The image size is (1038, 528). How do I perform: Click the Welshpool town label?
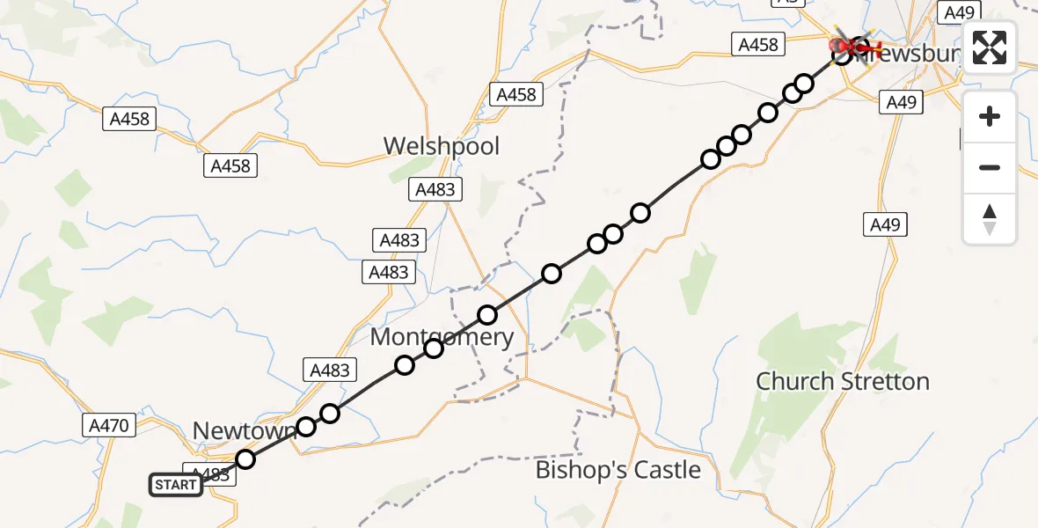441,145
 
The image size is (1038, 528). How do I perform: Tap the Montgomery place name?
442,337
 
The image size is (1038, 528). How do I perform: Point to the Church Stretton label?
843,381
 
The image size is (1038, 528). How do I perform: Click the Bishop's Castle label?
618,470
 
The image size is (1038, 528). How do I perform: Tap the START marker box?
176,484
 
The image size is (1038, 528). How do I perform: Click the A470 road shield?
110,426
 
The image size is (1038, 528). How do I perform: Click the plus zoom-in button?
990,116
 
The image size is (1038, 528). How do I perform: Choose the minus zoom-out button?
990,167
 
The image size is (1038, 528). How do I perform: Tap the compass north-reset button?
990,218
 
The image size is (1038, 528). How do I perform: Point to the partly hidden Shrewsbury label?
915,55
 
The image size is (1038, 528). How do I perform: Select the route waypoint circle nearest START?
245,459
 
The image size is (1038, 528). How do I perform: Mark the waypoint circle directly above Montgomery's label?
487,315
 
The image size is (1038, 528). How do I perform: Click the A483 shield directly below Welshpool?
434,189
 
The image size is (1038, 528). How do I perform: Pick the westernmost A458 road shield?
129,119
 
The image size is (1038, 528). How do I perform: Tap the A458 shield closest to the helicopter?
757,45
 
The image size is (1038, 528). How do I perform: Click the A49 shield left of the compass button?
885,224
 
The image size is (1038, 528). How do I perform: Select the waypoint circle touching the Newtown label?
305,427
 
